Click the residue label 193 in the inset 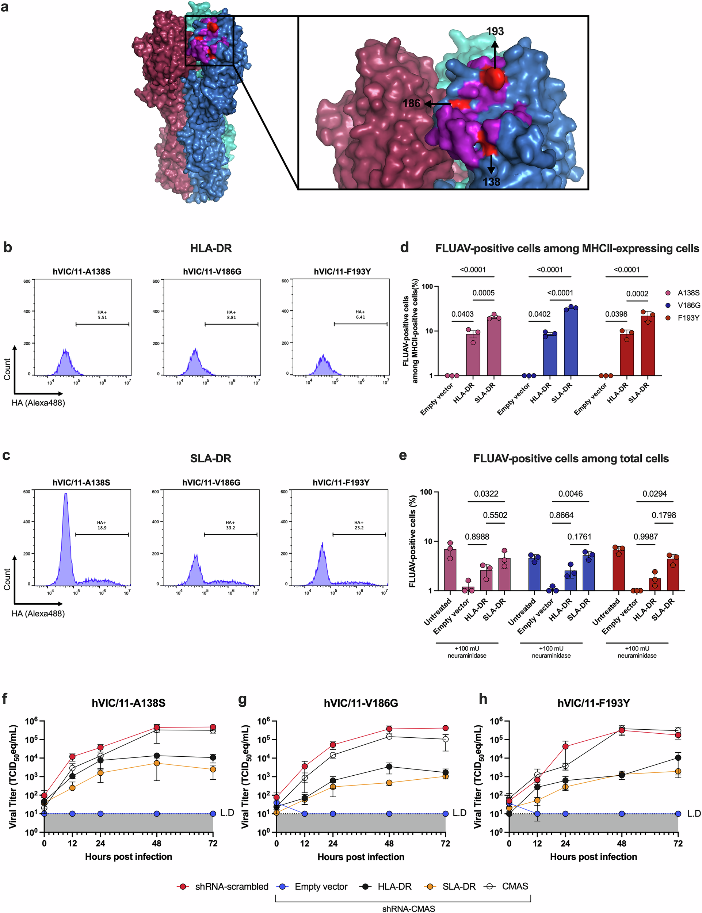[x=495, y=31]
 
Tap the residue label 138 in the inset [x=491, y=182]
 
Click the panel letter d [x=404, y=247]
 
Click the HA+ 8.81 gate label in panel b [x=231, y=315]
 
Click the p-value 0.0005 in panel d [x=483, y=293]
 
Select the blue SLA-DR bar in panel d [x=571, y=341]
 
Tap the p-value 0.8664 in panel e [x=561, y=515]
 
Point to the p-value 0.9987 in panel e [x=646, y=536]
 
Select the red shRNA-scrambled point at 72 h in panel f [x=213, y=727]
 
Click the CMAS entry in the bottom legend [x=515, y=886]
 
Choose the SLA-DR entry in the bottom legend [x=459, y=886]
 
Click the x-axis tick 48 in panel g [x=389, y=843]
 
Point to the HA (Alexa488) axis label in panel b [x=38, y=403]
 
